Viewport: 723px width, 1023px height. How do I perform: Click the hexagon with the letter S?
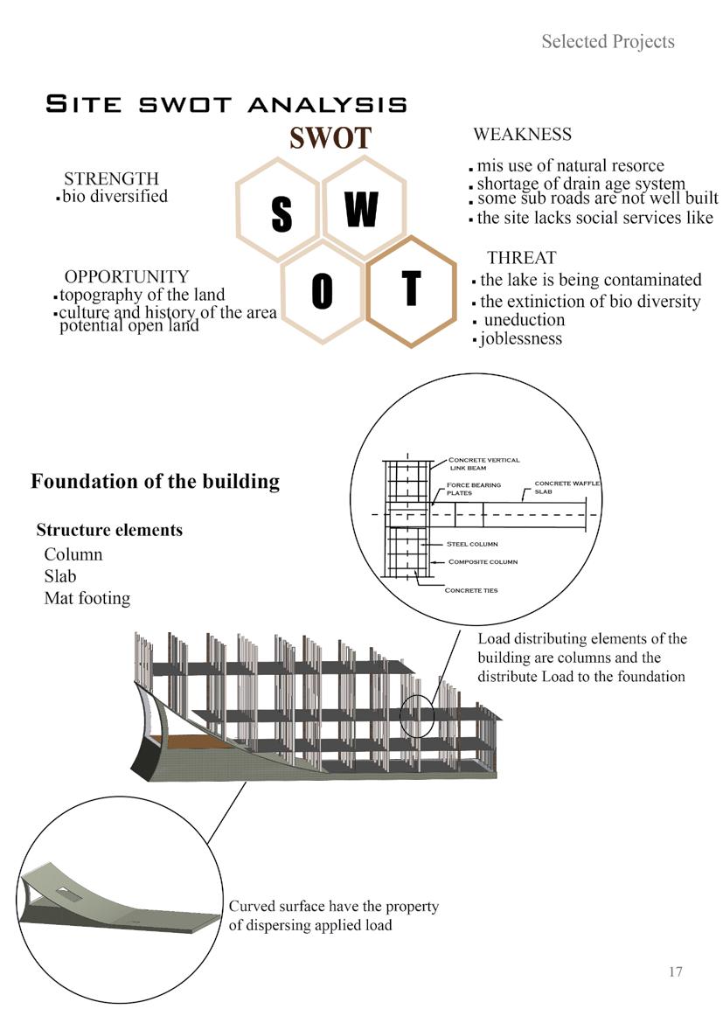click(280, 211)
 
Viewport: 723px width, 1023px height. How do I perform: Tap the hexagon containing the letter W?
click(363, 208)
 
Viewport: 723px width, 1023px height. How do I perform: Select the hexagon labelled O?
click(322, 291)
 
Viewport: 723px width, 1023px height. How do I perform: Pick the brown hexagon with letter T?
click(410, 291)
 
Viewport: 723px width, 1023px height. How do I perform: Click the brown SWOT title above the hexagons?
click(330, 138)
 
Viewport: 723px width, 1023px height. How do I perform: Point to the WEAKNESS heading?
click(522, 135)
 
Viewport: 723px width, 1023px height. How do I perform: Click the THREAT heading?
click(521, 258)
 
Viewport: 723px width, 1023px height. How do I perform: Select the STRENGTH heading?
click(111, 179)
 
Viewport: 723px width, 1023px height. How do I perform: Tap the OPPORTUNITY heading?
click(126, 277)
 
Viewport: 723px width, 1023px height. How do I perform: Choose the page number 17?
click(674, 971)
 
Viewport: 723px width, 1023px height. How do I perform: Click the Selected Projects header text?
click(608, 41)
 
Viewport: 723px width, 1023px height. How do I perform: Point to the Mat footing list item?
click(87, 598)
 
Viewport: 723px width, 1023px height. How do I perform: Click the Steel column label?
click(472, 544)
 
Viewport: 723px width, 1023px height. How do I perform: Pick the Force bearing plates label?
click(473, 489)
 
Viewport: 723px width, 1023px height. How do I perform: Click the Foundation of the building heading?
click(155, 481)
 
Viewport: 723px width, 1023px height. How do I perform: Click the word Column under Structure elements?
click(73, 554)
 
